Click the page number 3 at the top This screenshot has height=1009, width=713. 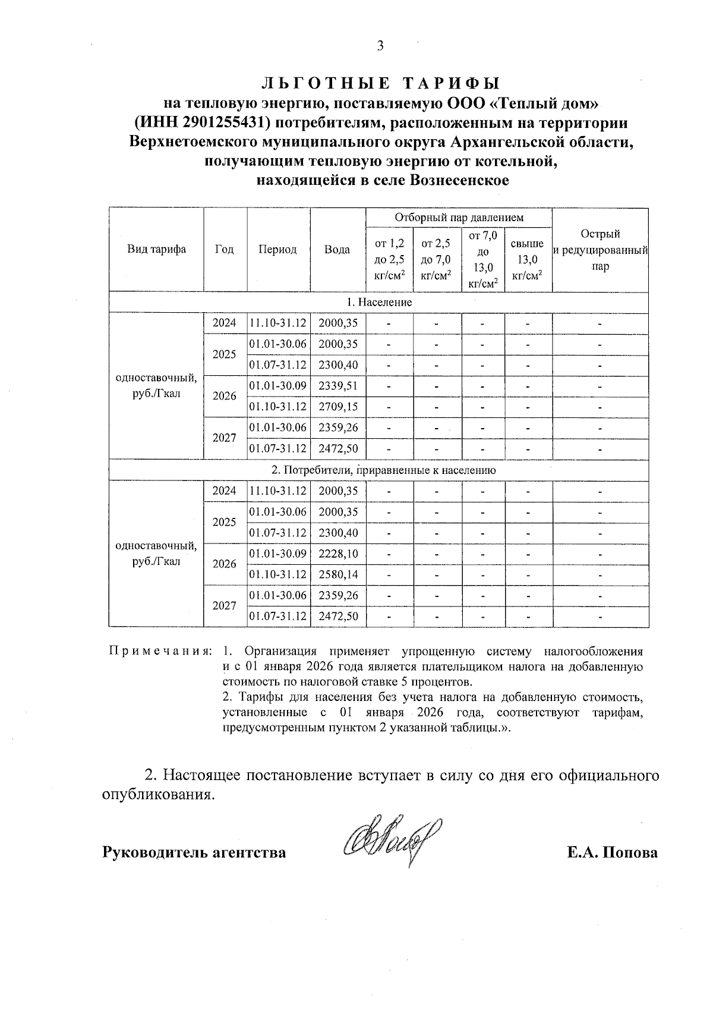(380, 46)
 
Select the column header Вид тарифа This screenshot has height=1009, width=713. (156, 250)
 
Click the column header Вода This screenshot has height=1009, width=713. (337, 250)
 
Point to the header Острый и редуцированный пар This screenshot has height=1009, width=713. (600, 250)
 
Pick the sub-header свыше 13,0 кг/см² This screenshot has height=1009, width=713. (528, 260)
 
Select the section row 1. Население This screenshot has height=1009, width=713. (379, 302)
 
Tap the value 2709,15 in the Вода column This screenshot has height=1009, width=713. (338, 407)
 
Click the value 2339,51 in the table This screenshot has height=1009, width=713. (338, 386)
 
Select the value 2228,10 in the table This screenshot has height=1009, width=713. (338, 554)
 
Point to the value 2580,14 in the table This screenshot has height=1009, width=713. (338, 575)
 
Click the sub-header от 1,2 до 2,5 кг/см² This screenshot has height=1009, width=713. (389, 260)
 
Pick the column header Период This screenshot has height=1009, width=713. (277, 250)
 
